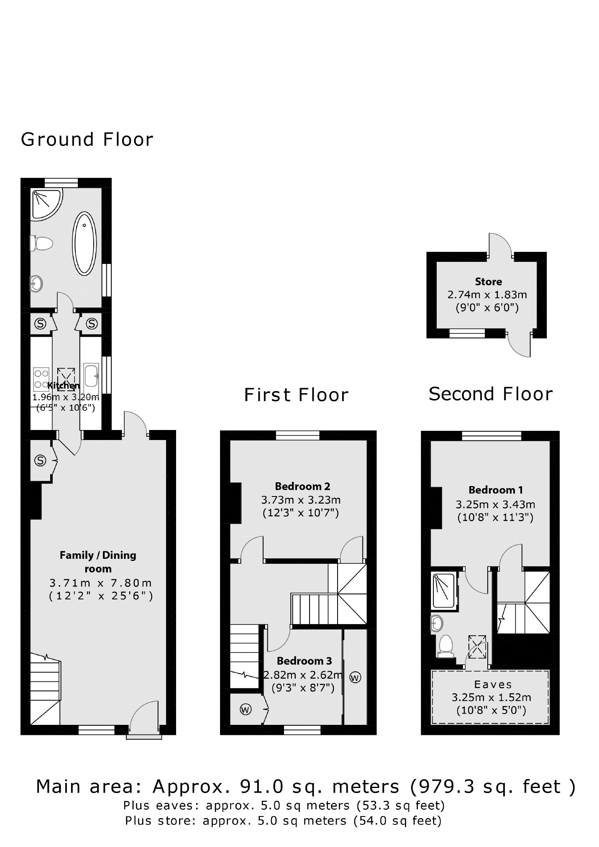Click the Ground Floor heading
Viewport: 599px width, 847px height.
tap(87, 139)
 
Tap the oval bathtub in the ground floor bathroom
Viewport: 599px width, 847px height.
tap(84, 243)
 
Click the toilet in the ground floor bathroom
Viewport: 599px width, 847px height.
tap(42, 243)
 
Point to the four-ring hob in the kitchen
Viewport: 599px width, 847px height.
tap(41, 378)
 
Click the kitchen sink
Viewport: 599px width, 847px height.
tap(91, 375)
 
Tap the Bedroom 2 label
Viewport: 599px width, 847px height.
tap(302, 486)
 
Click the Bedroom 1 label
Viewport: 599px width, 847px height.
tap(495, 490)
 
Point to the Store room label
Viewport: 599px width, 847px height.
tap(488, 281)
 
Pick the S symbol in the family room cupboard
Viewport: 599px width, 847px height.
tap(40, 461)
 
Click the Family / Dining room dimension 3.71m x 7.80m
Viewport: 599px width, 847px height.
tap(100, 583)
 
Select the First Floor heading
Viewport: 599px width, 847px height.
tap(296, 395)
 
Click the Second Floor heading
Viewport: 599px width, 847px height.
tap(491, 394)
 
